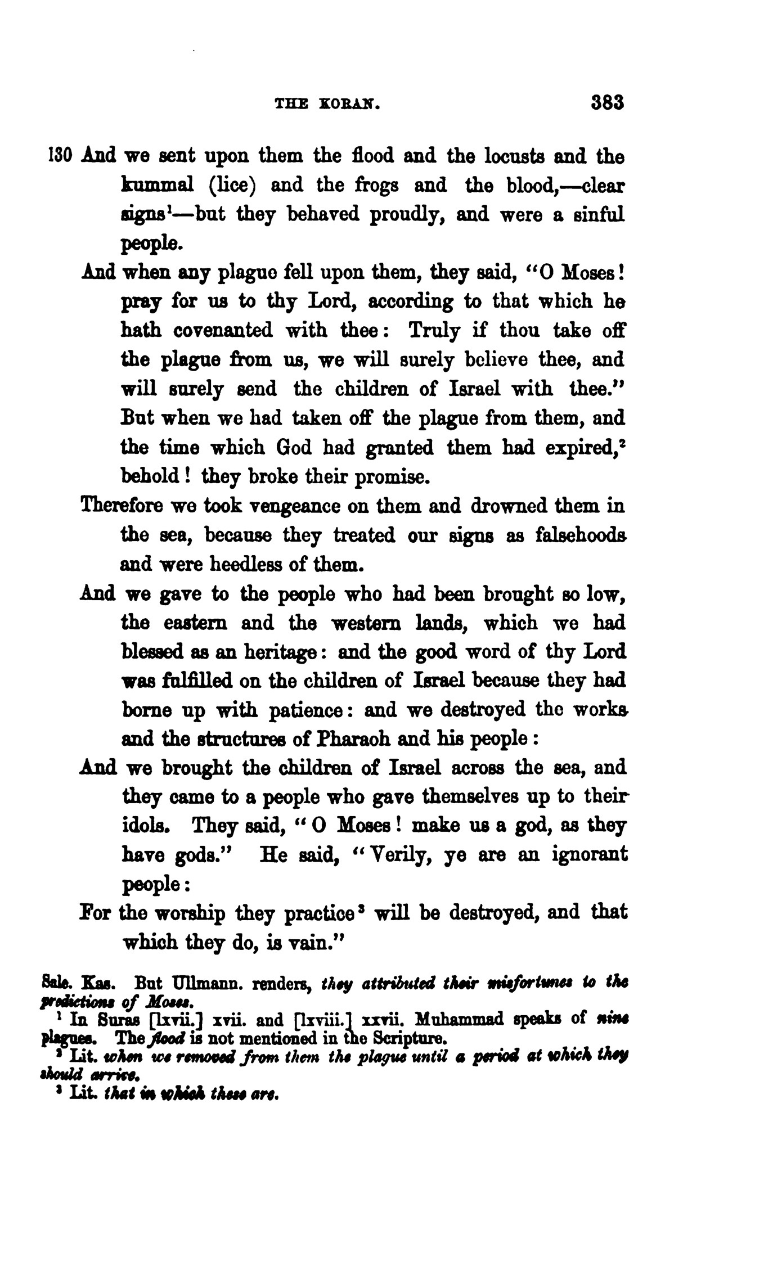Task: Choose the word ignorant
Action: (589, 855)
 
